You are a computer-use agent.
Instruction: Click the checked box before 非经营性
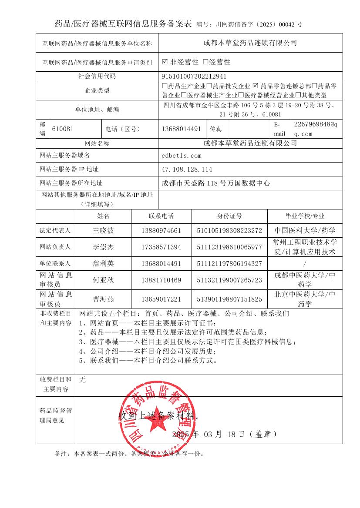(x=165, y=62)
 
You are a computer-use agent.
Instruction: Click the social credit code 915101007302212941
(x=194, y=76)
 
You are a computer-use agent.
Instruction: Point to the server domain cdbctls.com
(x=182, y=155)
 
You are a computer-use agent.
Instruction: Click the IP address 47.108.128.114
(x=187, y=169)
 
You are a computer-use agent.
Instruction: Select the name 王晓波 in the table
(x=103, y=230)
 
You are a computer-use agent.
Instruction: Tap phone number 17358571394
(x=161, y=247)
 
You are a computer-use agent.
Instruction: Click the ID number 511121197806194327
(x=229, y=263)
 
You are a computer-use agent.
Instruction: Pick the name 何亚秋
(x=103, y=280)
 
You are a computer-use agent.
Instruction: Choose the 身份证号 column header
(x=229, y=216)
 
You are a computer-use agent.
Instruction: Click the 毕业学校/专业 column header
(x=305, y=216)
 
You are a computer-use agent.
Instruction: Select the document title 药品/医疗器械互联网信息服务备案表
(x=123, y=24)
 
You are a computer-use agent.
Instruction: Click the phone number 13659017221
(x=161, y=299)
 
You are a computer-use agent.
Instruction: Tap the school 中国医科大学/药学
(x=305, y=230)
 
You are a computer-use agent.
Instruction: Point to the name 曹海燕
(x=103, y=299)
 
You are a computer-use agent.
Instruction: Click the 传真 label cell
(x=216, y=129)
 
